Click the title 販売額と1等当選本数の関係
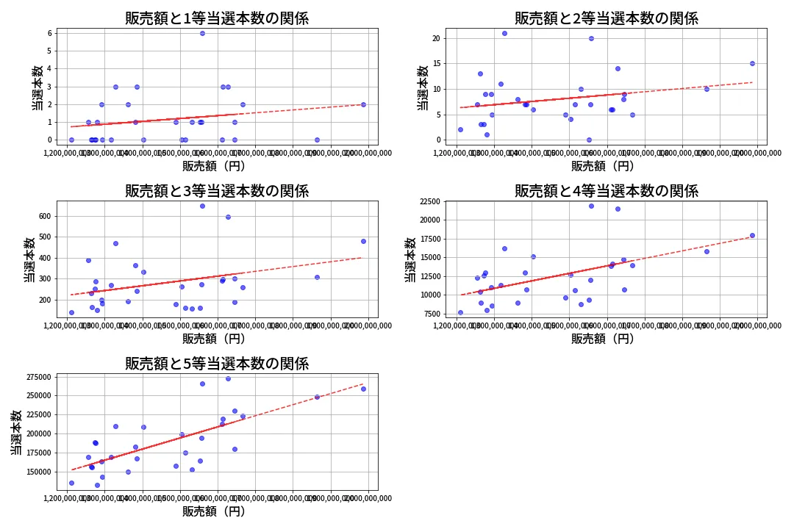coord(217,18)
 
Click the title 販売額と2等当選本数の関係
coord(606,18)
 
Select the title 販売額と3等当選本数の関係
coord(217,191)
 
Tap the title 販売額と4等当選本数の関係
coord(606,191)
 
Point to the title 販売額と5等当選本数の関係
coord(217,364)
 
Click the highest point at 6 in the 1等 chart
coord(202,33)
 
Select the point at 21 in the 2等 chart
coord(504,33)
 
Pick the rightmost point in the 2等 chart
coord(752,63)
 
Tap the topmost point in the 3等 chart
coord(202,206)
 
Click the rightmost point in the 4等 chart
coord(752,235)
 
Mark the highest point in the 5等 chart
coord(228,378)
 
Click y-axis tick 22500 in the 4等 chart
coord(426,202)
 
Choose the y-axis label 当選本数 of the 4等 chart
coord(410,259)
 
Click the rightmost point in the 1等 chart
coord(363,104)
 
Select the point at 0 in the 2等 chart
coord(589,140)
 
